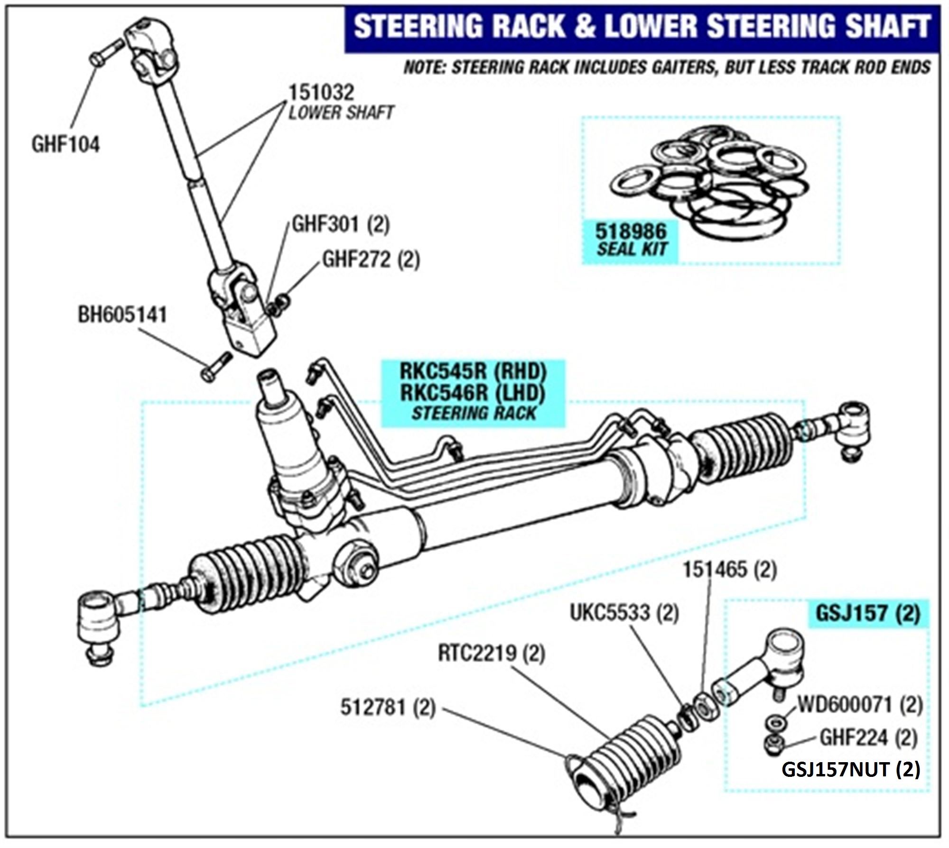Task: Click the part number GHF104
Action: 65,144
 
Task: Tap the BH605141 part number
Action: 122,315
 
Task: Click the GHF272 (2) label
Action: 371,260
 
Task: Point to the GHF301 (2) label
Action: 340,224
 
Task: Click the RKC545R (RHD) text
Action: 474,371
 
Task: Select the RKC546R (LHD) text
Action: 474,393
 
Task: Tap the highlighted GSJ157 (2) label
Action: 867,613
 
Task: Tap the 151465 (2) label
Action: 729,570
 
